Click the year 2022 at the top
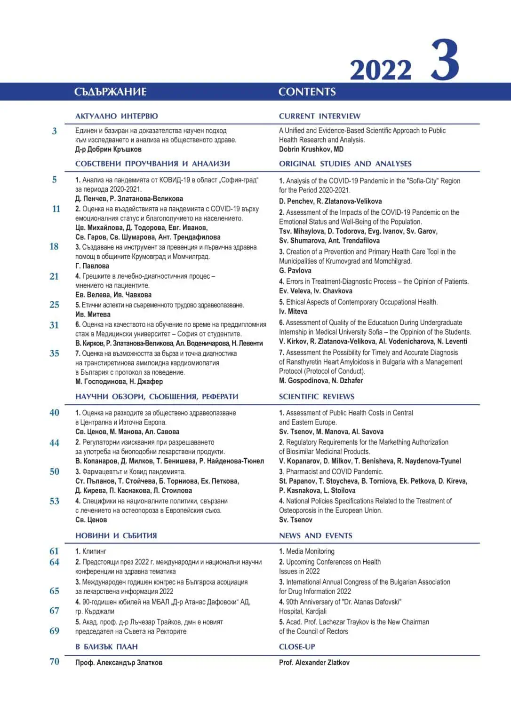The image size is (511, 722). click(x=380, y=71)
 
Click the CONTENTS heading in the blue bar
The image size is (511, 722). click(x=307, y=92)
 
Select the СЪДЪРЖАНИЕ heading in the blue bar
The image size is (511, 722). click(x=111, y=92)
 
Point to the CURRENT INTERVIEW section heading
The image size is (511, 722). click(x=319, y=116)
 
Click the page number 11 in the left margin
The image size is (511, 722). click(x=56, y=209)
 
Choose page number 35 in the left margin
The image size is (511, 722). click(x=55, y=353)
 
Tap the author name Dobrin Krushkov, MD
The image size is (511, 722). click(x=311, y=149)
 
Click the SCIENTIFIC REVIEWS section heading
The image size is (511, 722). click(x=316, y=396)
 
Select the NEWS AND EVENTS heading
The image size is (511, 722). click(x=315, y=535)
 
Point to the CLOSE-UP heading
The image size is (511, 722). click(x=297, y=646)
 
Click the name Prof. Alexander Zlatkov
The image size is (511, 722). click(x=314, y=662)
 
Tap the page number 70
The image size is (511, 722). click(x=55, y=661)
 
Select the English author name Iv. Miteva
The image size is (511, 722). click(x=293, y=311)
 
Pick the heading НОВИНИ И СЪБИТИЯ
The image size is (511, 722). click(x=116, y=535)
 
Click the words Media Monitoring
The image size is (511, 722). click(x=310, y=551)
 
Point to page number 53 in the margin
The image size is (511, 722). click(x=55, y=501)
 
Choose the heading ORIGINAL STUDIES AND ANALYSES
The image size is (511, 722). click(x=345, y=164)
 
